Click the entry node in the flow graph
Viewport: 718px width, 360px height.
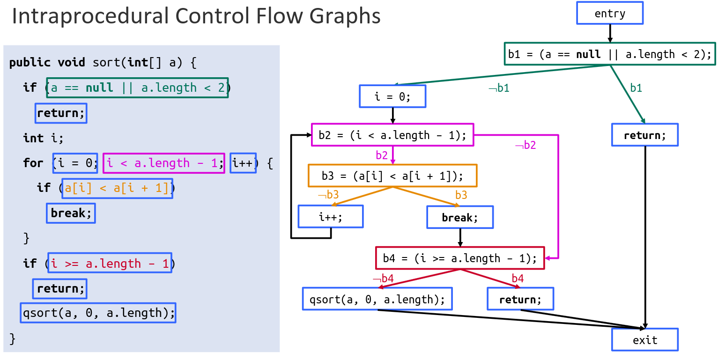(609, 13)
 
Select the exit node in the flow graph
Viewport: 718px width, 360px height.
(644, 340)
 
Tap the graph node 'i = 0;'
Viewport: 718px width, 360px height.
(392, 96)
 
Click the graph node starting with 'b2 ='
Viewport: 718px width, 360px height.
(392, 135)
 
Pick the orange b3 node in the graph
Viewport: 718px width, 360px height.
(392, 176)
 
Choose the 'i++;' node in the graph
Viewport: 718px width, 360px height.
(331, 217)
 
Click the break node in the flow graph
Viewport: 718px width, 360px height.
(459, 217)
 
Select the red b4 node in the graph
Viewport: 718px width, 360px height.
(460, 258)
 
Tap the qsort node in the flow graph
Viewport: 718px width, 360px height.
(377, 299)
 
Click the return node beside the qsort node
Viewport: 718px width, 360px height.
(520, 299)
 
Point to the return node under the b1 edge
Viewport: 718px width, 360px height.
(644, 135)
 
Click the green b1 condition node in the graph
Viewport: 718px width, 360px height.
(609, 54)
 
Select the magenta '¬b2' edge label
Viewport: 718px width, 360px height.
(526, 145)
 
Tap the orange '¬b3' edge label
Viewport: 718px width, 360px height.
(328, 195)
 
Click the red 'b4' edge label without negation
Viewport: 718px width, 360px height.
(517, 279)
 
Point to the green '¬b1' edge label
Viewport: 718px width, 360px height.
(499, 88)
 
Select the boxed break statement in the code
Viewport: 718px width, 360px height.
(71, 213)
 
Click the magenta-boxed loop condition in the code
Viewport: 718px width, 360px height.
(163, 163)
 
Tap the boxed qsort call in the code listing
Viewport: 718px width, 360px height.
(98, 312)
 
